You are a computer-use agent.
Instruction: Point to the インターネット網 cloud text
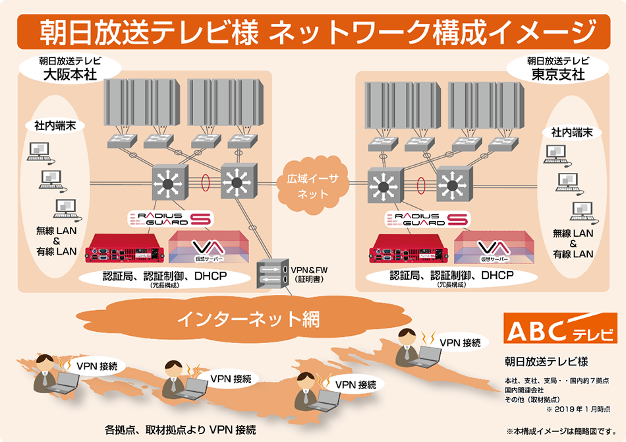248,320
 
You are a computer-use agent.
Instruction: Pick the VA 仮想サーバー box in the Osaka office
209,249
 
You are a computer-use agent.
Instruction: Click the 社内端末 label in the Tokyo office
572,133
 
